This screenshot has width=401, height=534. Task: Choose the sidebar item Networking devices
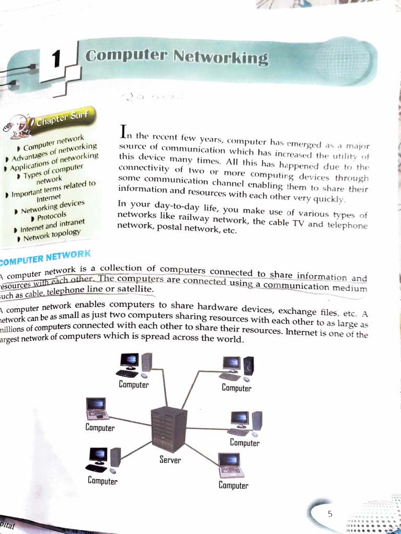52,207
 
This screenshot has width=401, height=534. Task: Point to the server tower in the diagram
169,429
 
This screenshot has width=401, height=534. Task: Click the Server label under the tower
170,460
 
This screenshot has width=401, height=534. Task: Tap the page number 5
329,514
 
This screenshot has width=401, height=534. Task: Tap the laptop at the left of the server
97,408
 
